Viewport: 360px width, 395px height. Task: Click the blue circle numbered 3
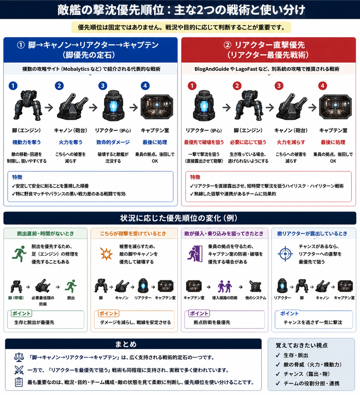(103, 86)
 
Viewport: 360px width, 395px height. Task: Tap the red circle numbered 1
(192, 86)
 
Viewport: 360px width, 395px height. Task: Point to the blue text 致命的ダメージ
(113, 142)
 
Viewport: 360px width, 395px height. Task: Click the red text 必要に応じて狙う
(248, 142)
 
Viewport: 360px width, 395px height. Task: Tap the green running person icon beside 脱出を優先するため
(19, 254)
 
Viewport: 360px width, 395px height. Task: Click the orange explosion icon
(106, 254)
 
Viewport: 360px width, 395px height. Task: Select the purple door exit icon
(195, 254)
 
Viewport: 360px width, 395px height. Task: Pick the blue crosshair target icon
(285, 254)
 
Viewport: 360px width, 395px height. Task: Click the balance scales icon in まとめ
(19, 357)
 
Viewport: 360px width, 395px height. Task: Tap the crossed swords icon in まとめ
(19, 370)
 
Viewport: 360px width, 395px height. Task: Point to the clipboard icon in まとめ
(19, 382)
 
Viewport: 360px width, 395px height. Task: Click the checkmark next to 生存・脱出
(278, 355)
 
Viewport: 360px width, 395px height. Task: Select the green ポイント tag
(21, 313)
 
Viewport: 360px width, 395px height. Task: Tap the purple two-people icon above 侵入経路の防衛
(225, 286)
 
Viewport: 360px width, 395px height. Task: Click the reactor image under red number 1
(204, 106)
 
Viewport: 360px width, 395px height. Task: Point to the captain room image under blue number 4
(157, 107)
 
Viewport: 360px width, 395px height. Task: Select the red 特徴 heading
(195, 177)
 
